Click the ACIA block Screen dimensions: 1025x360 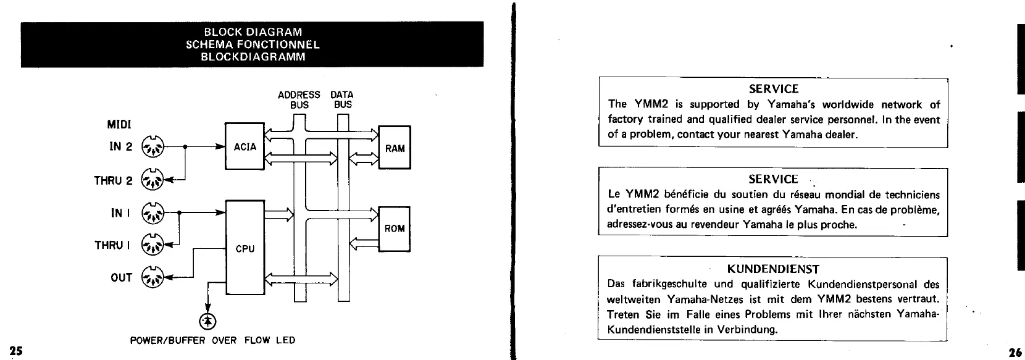coord(245,146)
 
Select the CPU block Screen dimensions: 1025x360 coord(245,248)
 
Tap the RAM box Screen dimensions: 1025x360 coord(395,148)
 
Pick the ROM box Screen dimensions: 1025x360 coord(395,228)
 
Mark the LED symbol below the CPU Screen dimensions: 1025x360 coord(207,320)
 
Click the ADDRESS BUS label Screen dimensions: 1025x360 coord(299,99)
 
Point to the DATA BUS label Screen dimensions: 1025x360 coord(342,99)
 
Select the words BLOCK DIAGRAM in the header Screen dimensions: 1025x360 coord(253,31)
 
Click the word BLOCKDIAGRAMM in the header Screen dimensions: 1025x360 coord(253,56)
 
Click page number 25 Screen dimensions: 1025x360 coord(15,351)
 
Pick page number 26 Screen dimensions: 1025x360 coord(1015,352)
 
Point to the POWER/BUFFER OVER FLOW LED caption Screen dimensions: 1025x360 coord(212,340)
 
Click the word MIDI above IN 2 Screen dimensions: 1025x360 coord(119,125)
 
